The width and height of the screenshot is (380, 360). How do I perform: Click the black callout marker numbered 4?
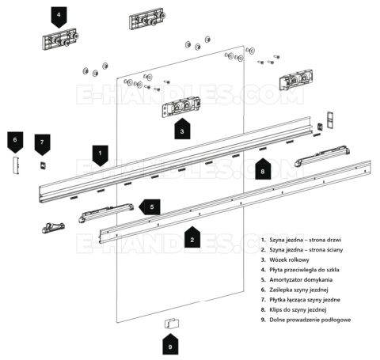[x=59, y=17]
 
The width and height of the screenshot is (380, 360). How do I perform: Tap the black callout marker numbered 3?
[x=182, y=129]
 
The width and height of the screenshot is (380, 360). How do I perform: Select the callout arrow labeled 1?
[x=100, y=156]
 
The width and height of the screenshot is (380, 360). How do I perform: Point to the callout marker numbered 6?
[x=15, y=142]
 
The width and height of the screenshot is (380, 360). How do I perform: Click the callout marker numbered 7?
[x=42, y=145]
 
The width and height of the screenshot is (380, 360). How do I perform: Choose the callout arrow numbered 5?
[x=150, y=207]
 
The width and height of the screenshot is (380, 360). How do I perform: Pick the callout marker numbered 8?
[x=263, y=169]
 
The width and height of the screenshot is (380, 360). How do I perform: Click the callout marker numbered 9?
[x=170, y=344]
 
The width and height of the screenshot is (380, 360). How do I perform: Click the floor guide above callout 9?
[x=172, y=324]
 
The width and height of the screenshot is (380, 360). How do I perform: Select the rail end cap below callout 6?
[x=16, y=165]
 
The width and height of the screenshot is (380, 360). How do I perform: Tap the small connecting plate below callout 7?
[x=43, y=165]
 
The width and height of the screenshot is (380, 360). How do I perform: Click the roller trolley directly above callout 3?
[x=181, y=107]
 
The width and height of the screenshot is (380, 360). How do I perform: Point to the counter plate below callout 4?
[x=61, y=39]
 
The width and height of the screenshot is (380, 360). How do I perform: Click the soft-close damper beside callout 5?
[x=106, y=213]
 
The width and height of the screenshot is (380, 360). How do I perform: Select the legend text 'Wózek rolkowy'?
[x=289, y=260]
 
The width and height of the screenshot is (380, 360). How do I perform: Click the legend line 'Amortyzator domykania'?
[x=301, y=280]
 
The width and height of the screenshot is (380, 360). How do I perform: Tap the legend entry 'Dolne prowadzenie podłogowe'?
[x=310, y=320]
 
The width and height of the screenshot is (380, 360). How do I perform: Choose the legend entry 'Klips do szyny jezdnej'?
[x=298, y=310]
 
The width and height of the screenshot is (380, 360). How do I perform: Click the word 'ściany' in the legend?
[x=334, y=250]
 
